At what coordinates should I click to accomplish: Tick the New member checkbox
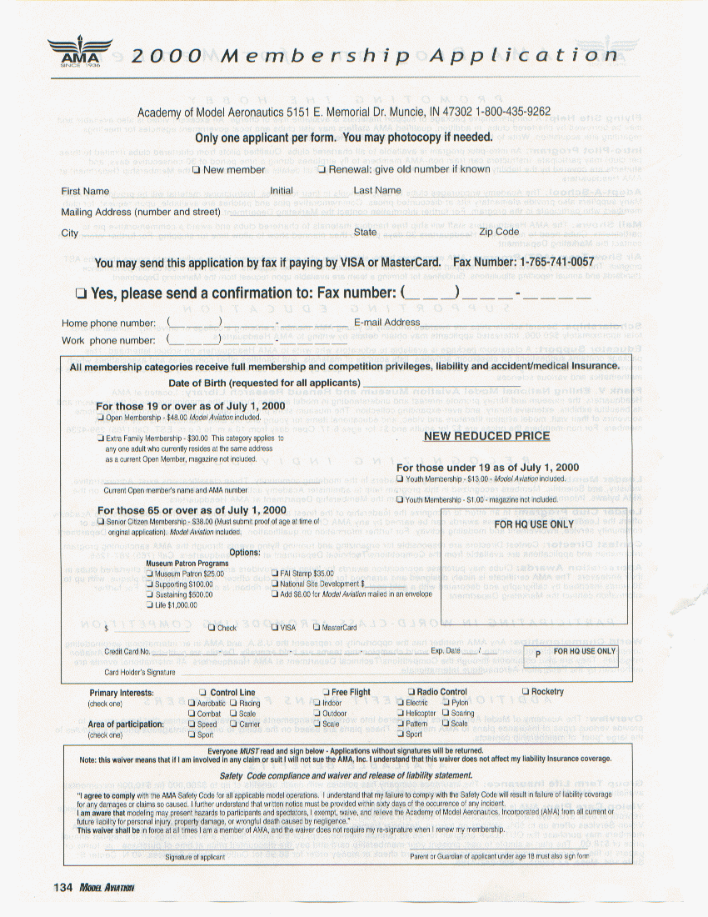(197, 170)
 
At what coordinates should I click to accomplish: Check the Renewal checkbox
(322, 170)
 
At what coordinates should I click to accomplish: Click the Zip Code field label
(499, 232)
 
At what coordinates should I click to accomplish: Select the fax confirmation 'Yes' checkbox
(80, 293)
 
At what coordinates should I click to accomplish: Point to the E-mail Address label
(386, 323)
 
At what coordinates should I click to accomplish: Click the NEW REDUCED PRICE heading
(486, 436)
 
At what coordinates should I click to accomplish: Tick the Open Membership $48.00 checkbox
(101, 417)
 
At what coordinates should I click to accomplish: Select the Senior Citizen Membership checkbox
(101, 521)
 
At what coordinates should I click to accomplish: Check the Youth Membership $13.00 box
(400, 479)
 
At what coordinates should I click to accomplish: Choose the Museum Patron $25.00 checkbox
(150, 574)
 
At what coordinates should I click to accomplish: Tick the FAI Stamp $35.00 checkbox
(275, 574)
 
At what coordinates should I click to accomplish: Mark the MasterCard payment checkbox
(317, 628)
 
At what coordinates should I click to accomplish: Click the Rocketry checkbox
(525, 692)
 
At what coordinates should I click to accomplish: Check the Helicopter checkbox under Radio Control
(400, 714)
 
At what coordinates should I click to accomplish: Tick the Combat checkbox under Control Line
(192, 714)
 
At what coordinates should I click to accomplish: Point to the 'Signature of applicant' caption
(195, 856)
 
